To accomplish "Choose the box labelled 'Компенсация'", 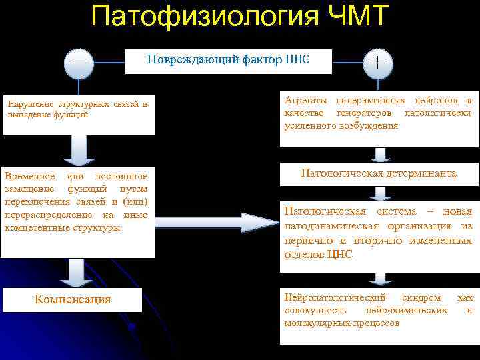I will pyautogui.click(x=73, y=299).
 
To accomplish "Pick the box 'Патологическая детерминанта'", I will pyautogui.click(x=379, y=173).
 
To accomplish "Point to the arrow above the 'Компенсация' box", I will pyautogui.click(x=77, y=272).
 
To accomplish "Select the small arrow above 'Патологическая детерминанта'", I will pyautogui.click(x=381, y=155).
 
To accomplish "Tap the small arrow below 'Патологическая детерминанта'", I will pyautogui.click(x=381, y=192).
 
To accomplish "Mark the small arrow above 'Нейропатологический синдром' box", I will pyautogui.click(x=381, y=278).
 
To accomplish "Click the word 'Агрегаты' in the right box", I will pyautogui.click(x=306, y=100).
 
